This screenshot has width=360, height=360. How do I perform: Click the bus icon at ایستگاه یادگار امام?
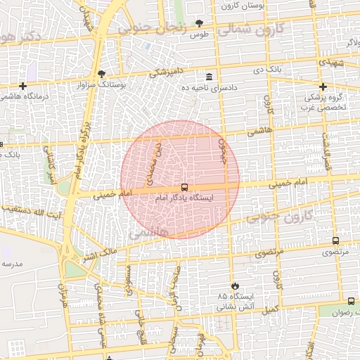(184, 188)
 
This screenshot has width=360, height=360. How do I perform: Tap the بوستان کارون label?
(243, 6)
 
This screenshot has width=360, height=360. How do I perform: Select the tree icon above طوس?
(200, 24)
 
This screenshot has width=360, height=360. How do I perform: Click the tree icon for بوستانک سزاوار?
(102, 74)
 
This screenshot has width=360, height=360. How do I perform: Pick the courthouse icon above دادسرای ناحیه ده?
(208, 77)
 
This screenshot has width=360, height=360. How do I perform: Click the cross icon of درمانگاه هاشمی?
(22, 86)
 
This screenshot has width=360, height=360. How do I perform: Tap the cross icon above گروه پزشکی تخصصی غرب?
(323, 86)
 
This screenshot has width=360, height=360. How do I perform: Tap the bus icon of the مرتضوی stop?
(335, 240)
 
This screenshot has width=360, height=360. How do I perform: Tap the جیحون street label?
(224, 150)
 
